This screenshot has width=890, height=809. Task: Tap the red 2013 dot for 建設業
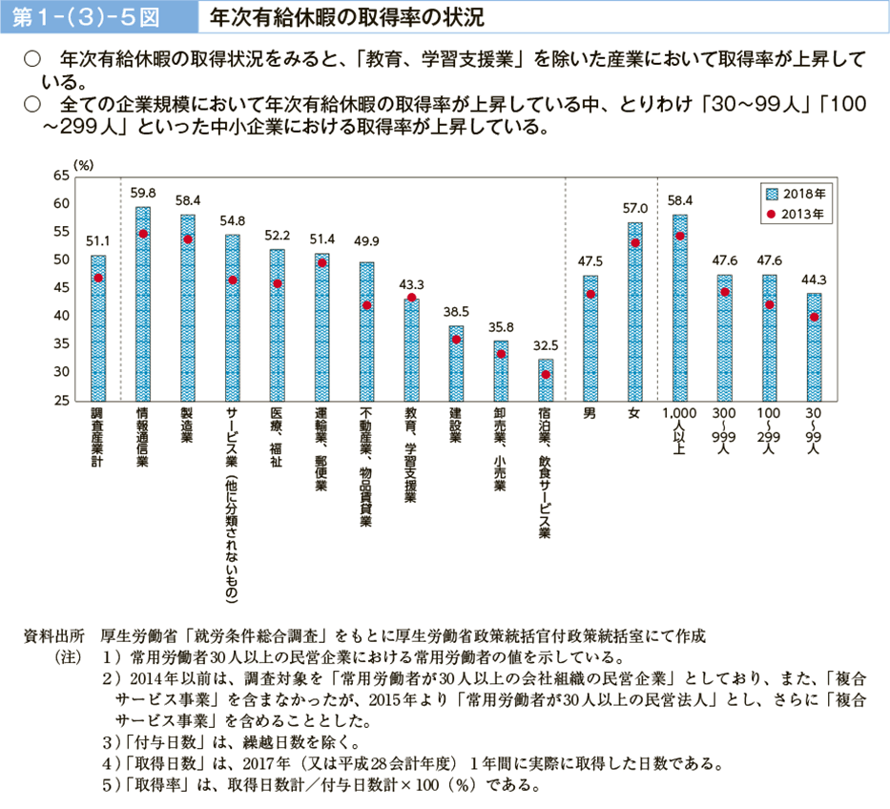coord(456,340)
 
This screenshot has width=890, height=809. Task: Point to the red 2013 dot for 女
coord(635,242)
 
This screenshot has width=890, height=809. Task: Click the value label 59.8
coord(143,193)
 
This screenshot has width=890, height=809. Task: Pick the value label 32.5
coord(546,344)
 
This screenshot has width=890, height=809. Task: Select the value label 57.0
coord(635,208)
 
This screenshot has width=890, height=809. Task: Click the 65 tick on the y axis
coord(63,176)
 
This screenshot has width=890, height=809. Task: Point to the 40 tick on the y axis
coord(63,316)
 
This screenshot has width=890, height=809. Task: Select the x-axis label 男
coord(591,414)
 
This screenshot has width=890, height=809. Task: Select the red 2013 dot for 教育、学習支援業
coord(411,298)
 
